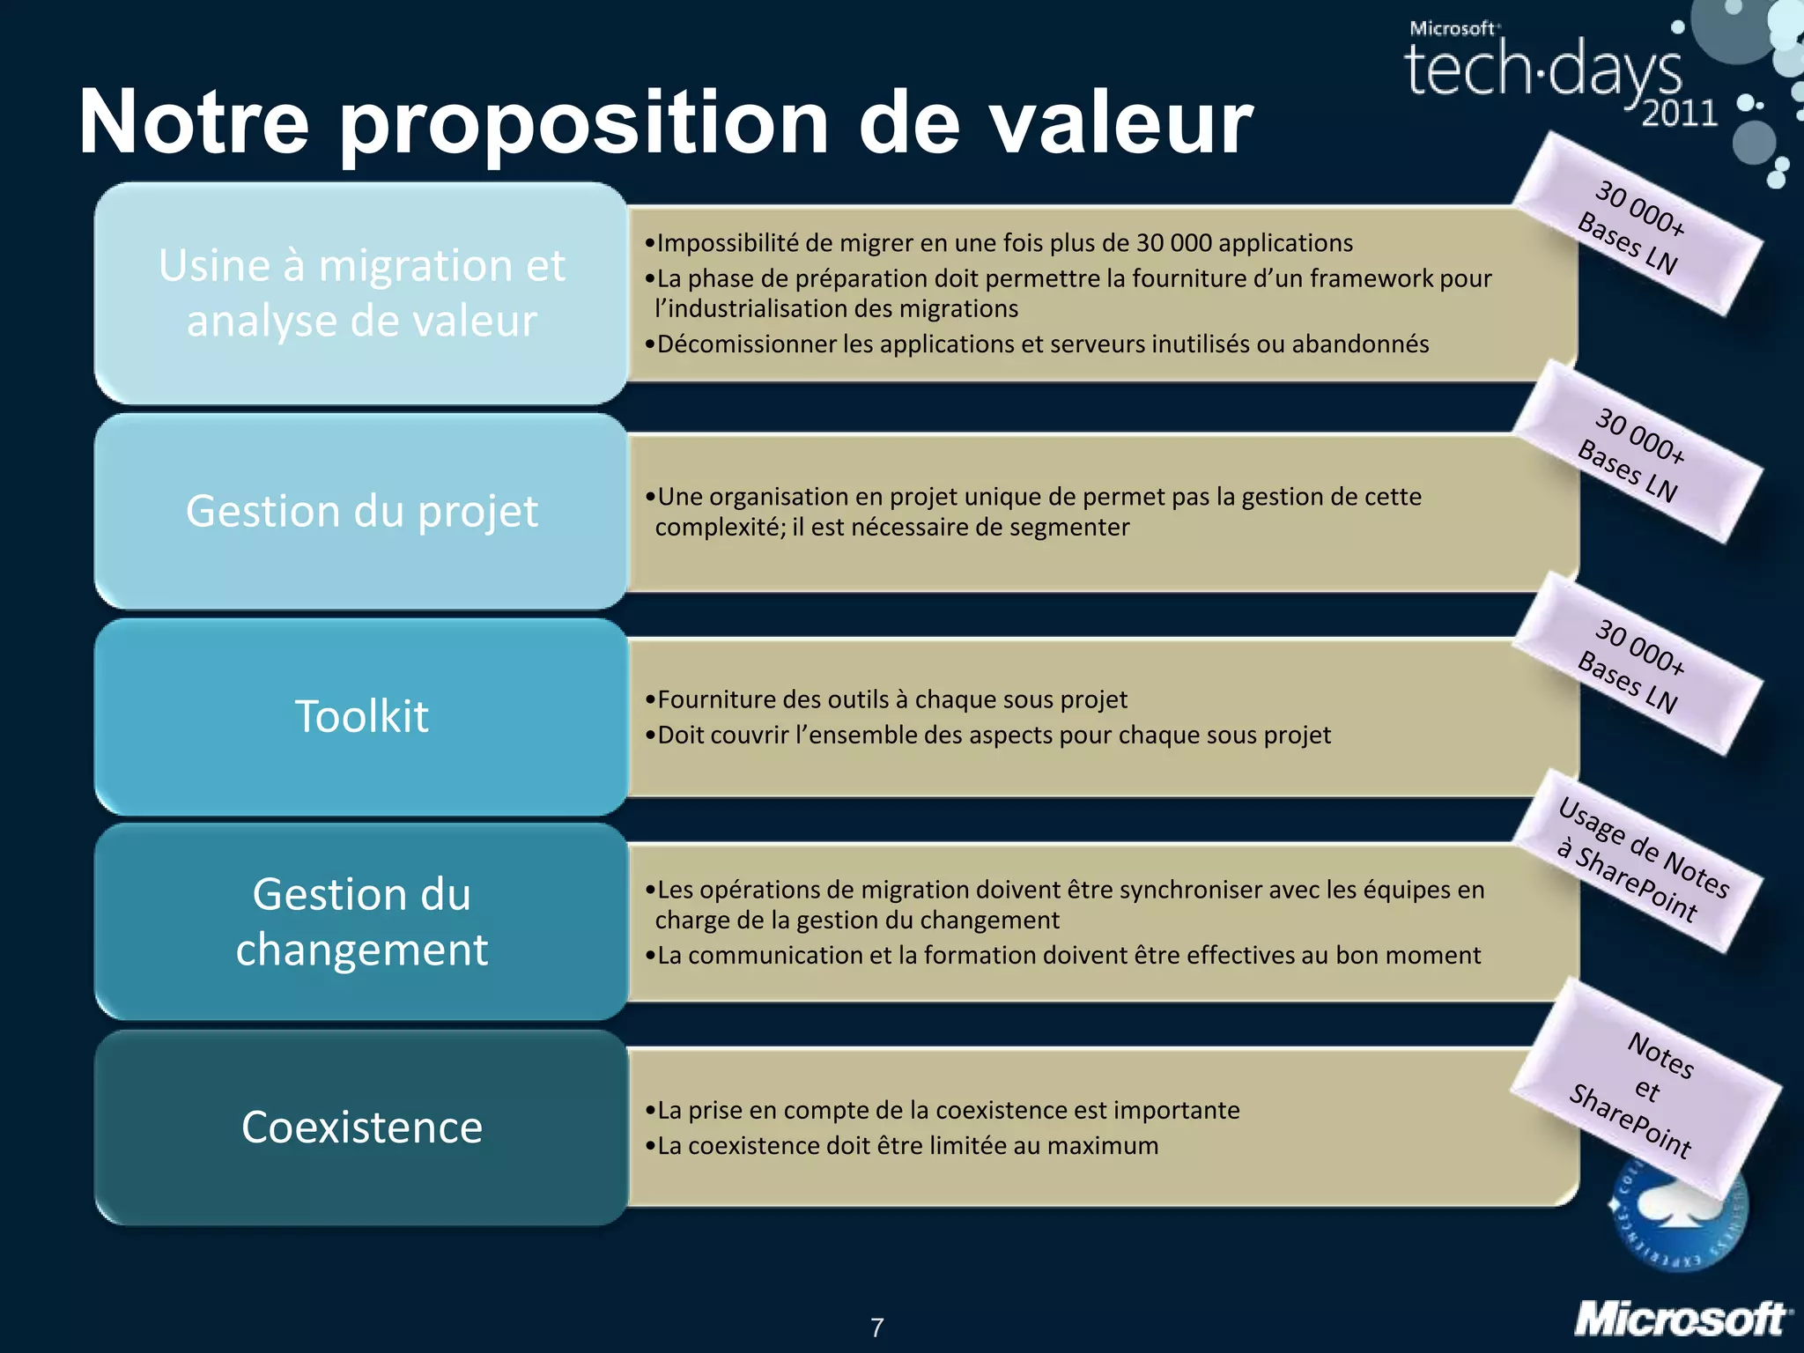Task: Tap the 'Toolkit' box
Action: [361, 716]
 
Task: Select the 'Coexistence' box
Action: [361, 1127]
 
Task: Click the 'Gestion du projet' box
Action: [361, 511]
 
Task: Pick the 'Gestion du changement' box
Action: [361, 921]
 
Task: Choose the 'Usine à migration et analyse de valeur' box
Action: [361, 292]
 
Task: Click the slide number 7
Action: [876, 1327]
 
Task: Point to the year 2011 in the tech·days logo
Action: [1679, 114]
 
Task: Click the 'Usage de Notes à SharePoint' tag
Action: [1638, 861]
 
